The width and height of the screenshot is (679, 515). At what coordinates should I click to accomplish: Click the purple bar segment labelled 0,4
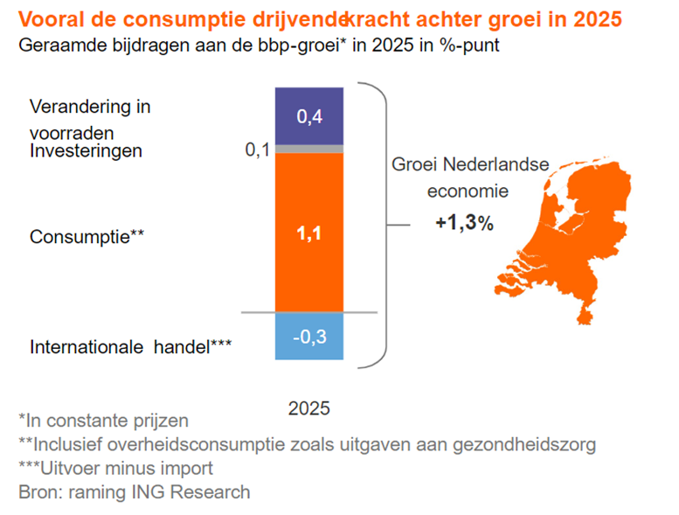[x=308, y=116]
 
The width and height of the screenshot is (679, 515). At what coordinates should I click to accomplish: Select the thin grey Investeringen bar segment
[x=308, y=149]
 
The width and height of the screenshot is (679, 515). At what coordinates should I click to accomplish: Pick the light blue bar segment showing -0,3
[x=308, y=336]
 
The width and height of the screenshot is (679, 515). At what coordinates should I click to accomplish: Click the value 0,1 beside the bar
[x=258, y=150]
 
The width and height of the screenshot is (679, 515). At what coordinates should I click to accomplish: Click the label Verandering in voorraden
[x=90, y=119]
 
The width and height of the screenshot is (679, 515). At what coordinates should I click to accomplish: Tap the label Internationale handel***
[x=130, y=346]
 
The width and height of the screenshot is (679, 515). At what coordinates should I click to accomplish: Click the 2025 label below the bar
[x=309, y=407]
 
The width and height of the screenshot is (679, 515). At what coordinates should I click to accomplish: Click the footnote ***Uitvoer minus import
[x=115, y=468]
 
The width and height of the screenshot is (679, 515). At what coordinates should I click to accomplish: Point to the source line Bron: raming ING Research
[x=134, y=491]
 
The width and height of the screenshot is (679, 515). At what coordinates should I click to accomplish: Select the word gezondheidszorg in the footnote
[x=524, y=444]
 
